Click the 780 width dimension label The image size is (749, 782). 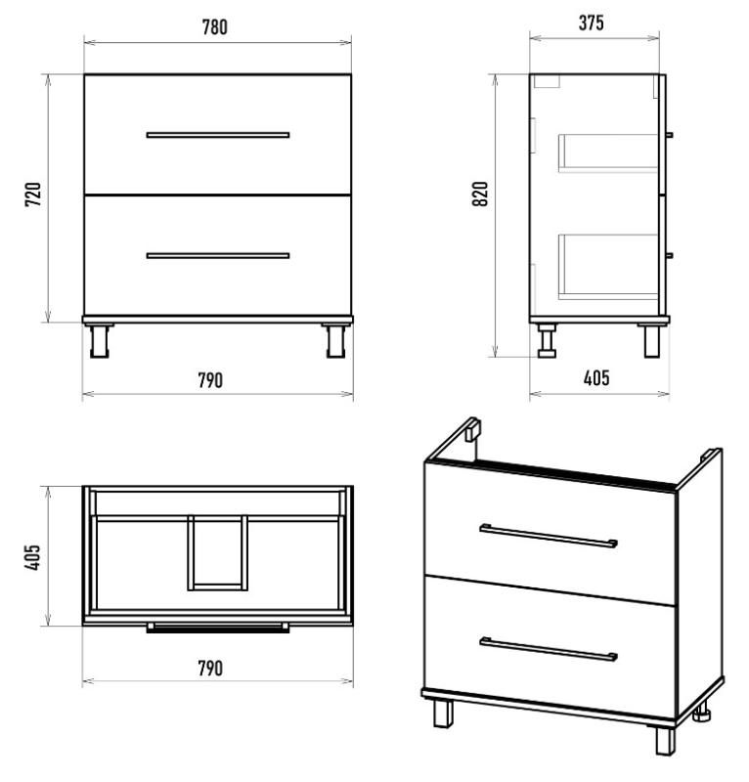point(214,27)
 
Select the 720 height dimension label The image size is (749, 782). point(33,195)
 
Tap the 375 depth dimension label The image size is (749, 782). point(592,22)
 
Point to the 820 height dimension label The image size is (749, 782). point(480,194)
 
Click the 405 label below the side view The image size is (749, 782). point(596,378)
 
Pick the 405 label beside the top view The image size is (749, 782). point(32,557)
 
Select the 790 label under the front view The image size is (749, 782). point(210,380)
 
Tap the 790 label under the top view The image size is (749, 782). point(210,669)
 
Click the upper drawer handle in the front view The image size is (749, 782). point(218,135)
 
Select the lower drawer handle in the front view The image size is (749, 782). point(218,256)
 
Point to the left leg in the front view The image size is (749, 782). point(100,340)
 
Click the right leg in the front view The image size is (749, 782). point(335,340)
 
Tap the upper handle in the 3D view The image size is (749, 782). point(549,536)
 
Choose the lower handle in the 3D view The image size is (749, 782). point(549,650)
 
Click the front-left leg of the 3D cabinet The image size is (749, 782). point(443,714)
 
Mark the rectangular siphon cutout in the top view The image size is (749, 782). point(218,553)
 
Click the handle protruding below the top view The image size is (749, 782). point(218,628)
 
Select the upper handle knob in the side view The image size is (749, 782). point(670,135)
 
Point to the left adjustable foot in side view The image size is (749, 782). point(547,340)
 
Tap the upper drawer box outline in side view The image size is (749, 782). point(608,153)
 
